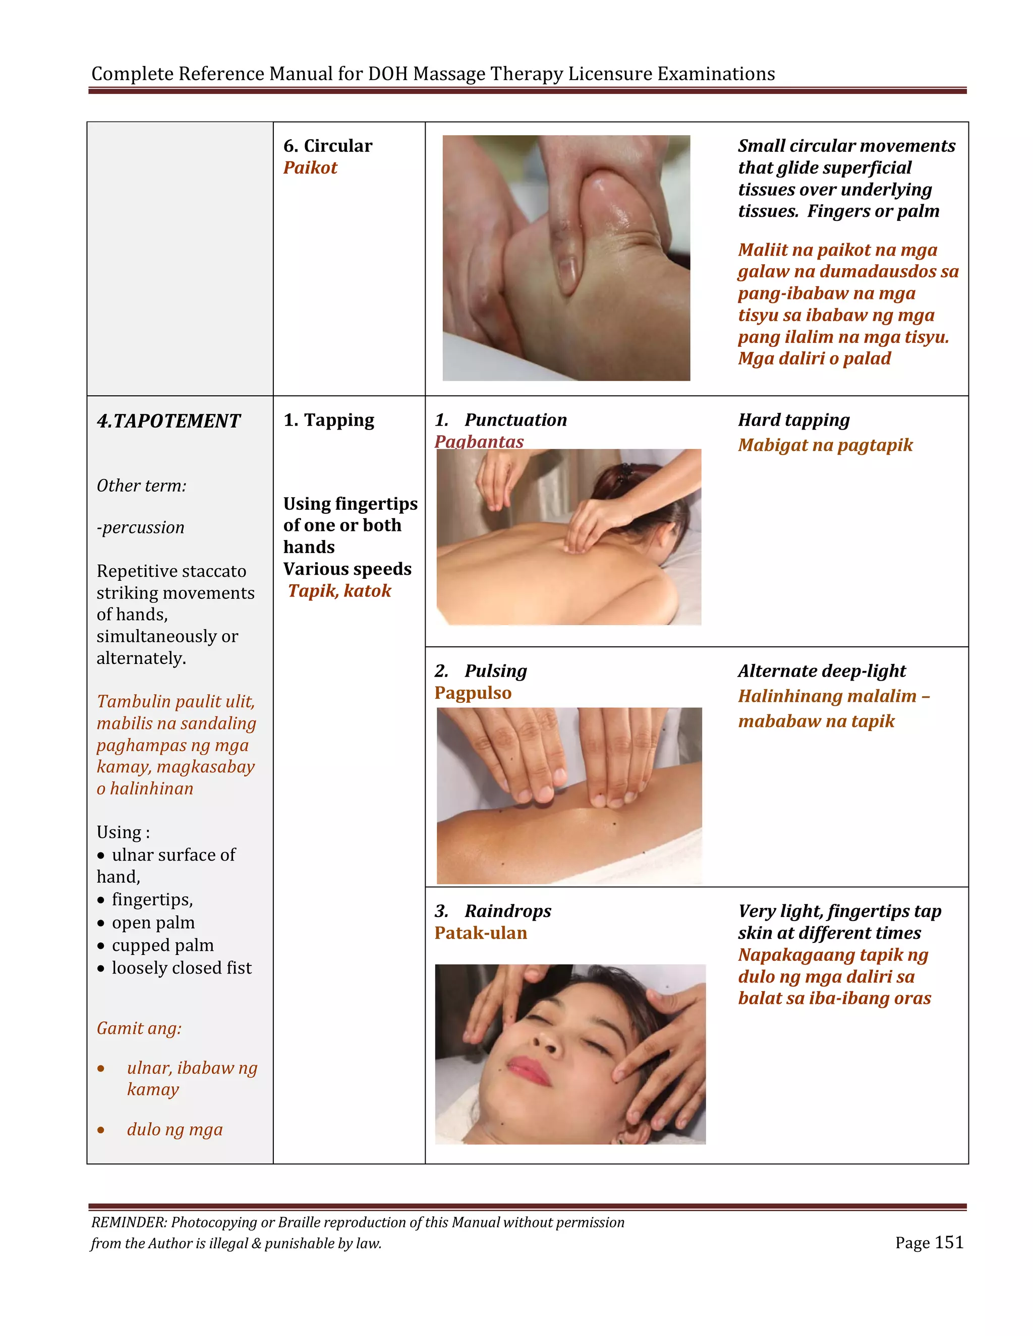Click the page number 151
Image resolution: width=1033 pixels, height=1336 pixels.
click(949, 1242)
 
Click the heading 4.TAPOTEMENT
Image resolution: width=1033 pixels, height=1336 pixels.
click(168, 421)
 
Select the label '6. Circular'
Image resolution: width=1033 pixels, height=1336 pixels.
click(327, 146)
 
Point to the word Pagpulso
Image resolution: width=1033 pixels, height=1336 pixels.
click(473, 693)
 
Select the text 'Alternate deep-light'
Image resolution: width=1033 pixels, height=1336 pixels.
click(821, 671)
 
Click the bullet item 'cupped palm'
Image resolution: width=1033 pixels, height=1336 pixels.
click(162, 945)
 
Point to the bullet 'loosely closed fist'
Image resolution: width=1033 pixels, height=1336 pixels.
click(181, 968)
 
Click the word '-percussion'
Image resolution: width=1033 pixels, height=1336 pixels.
click(140, 527)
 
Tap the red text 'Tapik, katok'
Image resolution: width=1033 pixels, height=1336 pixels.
click(339, 591)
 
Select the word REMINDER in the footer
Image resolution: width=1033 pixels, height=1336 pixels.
click(129, 1222)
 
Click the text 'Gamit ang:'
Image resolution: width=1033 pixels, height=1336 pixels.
click(139, 1028)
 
